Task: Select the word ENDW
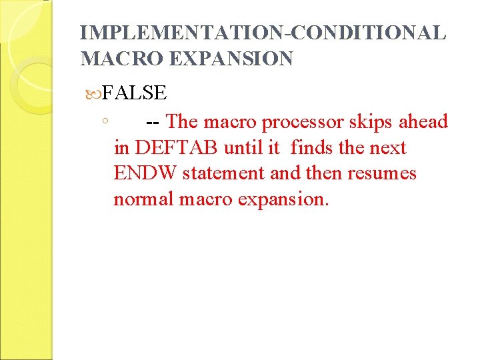pyautogui.click(x=145, y=173)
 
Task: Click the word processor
pyautogui.click(x=303, y=122)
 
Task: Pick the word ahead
pyautogui.click(x=423, y=122)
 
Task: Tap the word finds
pyautogui.click(x=315, y=147)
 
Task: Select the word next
pyautogui.click(x=387, y=148)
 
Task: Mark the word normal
pyautogui.click(x=143, y=199)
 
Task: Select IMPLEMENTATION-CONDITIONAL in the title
pyautogui.click(x=262, y=33)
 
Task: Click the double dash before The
pyautogui.click(x=152, y=122)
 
